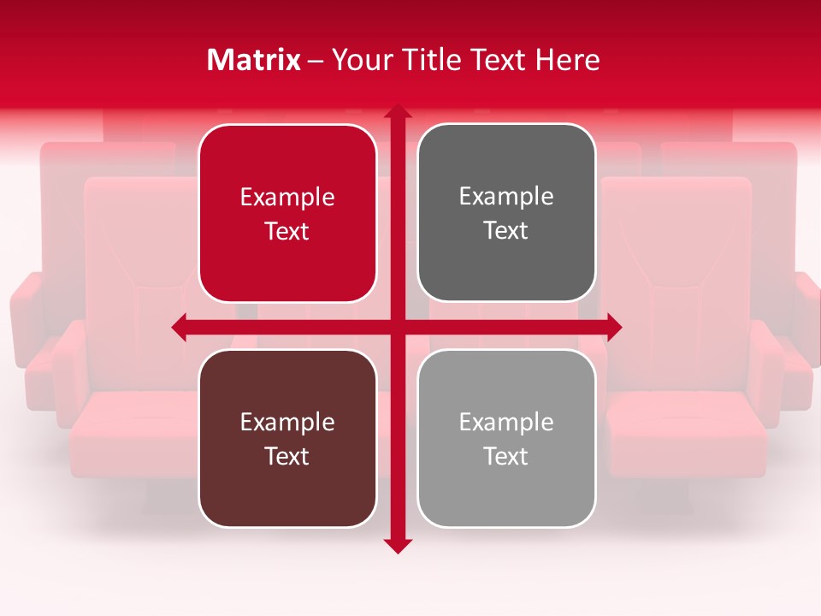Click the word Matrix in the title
[254, 60]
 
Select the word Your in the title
[360, 60]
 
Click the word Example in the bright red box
[287, 197]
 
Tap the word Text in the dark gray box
[506, 231]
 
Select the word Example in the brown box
[287, 422]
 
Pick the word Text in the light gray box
[506, 456]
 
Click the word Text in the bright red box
[287, 231]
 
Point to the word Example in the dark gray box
[506, 197]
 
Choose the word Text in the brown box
[287, 456]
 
